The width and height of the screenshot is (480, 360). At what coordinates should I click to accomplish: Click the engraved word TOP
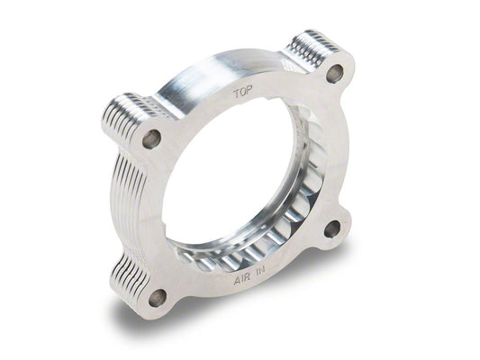click(x=242, y=93)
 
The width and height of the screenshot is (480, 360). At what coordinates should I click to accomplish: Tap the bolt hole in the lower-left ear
click(x=158, y=297)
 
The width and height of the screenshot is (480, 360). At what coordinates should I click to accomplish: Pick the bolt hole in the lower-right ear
click(x=331, y=229)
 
